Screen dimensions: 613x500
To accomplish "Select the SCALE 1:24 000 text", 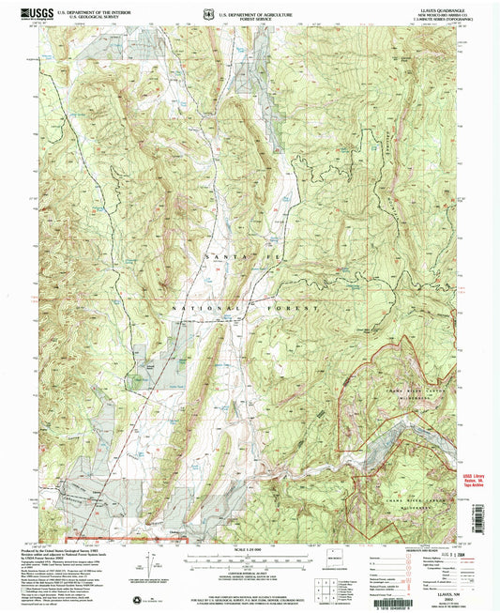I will (x=249, y=551).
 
